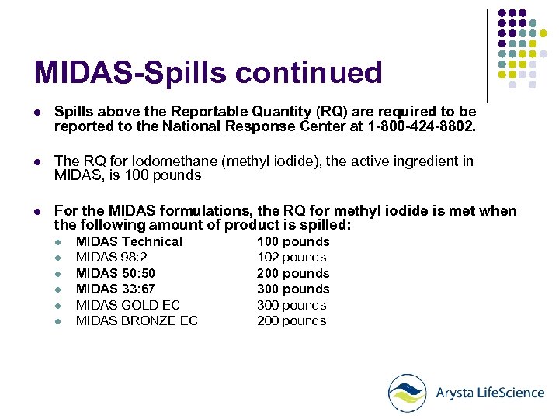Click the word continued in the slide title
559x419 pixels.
point(308,73)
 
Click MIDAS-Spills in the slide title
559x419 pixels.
point(130,73)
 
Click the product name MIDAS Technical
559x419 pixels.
point(129,241)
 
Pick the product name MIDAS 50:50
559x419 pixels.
point(116,273)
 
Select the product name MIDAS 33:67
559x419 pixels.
point(116,289)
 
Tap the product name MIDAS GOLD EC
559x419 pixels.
point(128,305)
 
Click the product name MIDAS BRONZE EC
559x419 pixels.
point(137,320)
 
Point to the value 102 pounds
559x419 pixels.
point(292,258)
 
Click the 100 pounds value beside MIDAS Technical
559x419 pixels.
point(293,241)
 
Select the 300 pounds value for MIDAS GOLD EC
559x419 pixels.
point(292,305)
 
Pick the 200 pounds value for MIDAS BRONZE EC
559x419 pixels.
point(292,320)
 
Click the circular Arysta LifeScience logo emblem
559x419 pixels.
point(408,393)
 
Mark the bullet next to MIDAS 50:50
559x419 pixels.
point(57,274)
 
